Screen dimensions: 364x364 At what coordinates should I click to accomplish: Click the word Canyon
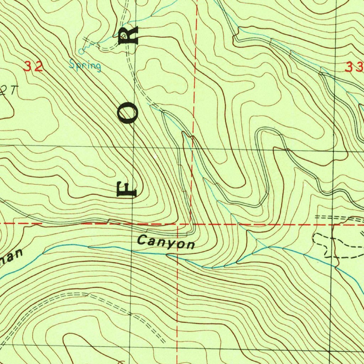[x=166, y=242]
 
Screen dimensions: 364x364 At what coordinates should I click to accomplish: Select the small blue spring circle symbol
[x=81, y=52]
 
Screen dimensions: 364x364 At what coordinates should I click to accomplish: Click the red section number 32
[x=34, y=66]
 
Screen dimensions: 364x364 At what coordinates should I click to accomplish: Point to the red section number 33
[x=354, y=67]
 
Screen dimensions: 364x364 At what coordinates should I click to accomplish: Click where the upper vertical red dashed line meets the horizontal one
[x=191, y=224]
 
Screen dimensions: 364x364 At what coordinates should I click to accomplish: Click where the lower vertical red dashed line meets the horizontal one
[x=177, y=225]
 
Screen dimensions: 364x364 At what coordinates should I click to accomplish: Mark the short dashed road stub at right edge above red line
[x=338, y=218]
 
